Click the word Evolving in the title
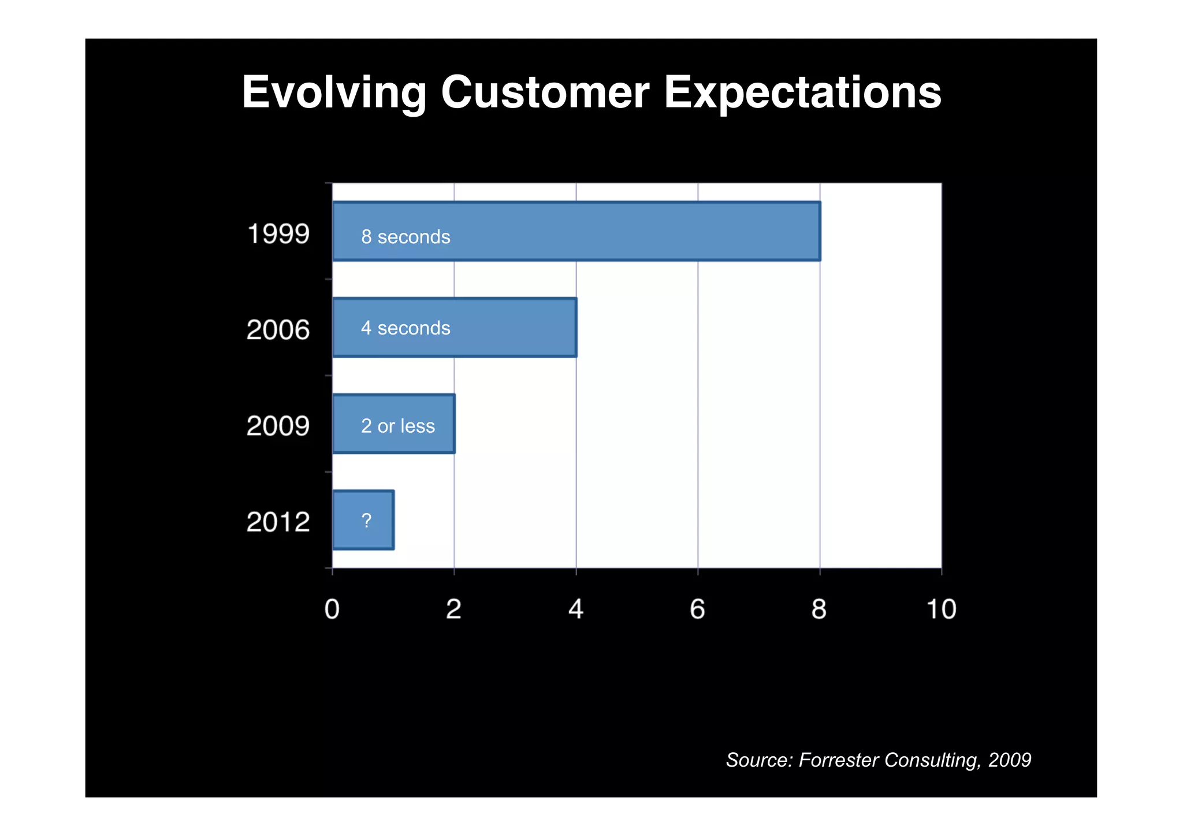click(334, 92)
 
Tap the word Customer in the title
click(545, 92)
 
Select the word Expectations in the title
click(802, 92)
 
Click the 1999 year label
click(278, 234)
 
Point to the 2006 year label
click(278, 330)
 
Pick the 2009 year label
click(278, 426)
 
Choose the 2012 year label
click(278, 522)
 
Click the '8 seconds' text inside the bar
click(406, 237)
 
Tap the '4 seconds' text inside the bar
click(406, 328)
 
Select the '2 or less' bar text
click(398, 426)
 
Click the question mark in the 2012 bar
click(366, 521)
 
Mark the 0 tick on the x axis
click(332, 609)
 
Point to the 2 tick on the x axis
click(454, 609)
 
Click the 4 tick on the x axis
click(576, 609)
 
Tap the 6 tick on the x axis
click(698, 609)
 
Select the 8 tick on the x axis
click(819, 609)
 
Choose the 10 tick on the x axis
click(941, 609)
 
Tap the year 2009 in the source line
click(1009, 760)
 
